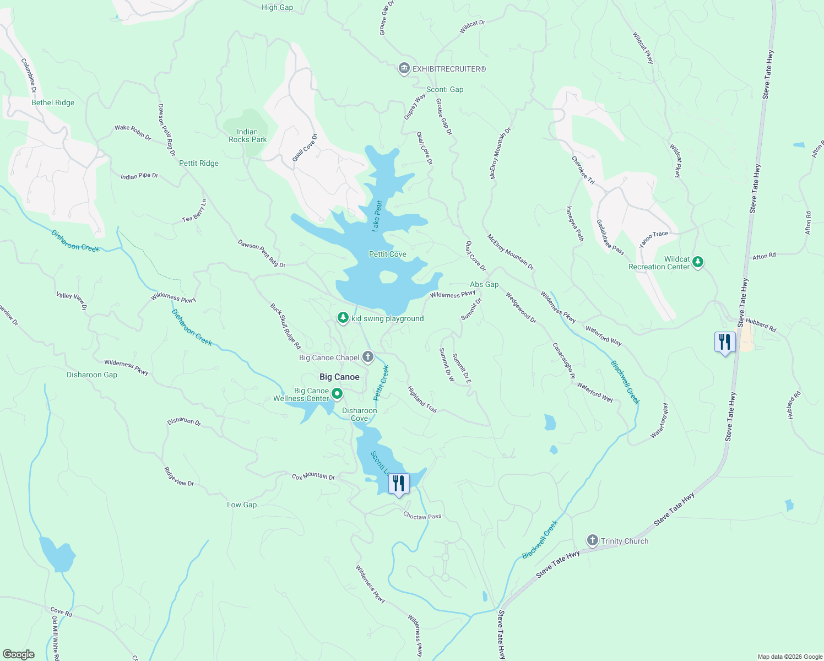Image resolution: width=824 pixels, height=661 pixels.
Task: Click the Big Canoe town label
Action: [339, 377]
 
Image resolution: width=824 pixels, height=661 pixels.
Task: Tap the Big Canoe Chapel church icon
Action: [368, 357]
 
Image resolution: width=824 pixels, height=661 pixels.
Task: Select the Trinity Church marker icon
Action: [592, 540]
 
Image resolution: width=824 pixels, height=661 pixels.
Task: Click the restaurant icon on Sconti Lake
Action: [399, 484]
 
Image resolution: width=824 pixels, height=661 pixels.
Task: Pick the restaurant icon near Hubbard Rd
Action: [724, 342]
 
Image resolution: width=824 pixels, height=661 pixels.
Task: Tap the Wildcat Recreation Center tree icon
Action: [698, 261]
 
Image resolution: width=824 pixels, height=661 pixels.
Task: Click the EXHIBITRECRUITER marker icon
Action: [404, 69]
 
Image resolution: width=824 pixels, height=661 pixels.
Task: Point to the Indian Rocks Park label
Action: [247, 136]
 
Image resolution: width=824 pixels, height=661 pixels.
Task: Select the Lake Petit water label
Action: [377, 215]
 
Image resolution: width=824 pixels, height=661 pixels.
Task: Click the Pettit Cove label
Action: [387, 254]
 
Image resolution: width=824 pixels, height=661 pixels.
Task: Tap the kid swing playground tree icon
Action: [343, 318]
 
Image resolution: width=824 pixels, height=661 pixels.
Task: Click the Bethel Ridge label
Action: [53, 102]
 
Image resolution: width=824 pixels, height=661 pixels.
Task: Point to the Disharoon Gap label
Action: [92, 375]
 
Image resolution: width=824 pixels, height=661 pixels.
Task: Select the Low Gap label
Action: [242, 505]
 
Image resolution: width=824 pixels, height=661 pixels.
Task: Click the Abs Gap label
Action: [484, 284]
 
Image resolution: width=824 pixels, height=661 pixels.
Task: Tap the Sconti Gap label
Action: [444, 89]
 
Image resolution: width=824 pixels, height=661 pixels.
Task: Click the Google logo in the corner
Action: [19, 654]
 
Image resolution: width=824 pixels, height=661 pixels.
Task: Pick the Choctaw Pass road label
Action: [422, 516]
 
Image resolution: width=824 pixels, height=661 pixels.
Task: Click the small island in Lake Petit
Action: [388, 277]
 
